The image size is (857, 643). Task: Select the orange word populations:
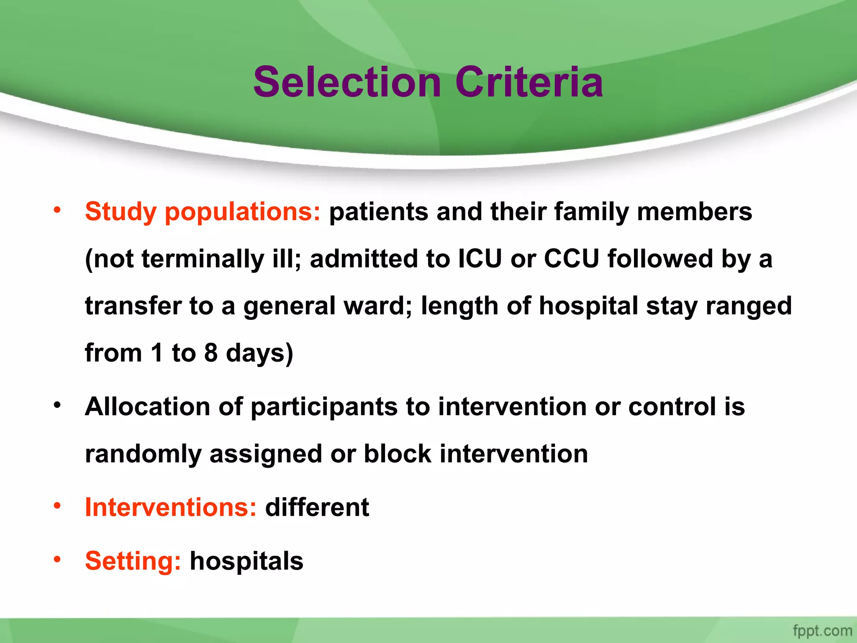tap(243, 212)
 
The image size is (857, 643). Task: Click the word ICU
tap(480, 259)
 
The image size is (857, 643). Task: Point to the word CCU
tap(571, 259)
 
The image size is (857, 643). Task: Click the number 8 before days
tap(211, 353)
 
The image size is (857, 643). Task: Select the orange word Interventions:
tap(171, 507)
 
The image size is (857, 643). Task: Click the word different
tap(317, 507)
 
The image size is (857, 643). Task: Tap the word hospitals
tap(246, 561)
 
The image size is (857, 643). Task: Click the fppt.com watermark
tap(822, 630)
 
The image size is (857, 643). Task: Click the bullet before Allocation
tap(57, 405)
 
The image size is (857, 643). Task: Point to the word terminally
tap(203, 259)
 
